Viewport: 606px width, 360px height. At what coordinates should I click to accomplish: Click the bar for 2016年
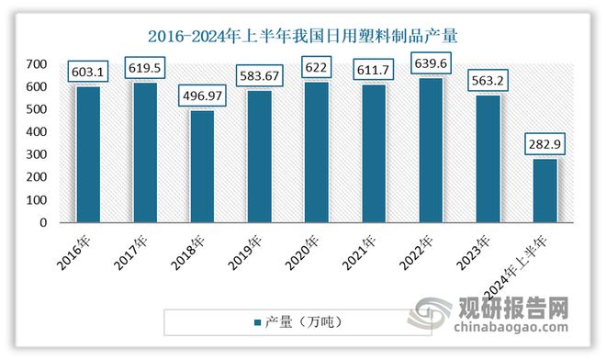coord(87,153)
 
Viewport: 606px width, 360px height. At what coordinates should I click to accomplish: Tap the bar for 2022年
coord(431,150)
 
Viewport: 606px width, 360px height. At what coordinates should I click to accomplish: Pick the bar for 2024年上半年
coord(544,190)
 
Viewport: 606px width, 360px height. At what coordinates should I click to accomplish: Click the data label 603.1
coord(87,70)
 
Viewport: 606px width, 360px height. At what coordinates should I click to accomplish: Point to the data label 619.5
coord(145,66)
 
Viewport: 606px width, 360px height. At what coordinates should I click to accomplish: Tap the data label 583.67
coord(259,74)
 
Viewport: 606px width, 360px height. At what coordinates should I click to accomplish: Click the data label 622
coord(317,65)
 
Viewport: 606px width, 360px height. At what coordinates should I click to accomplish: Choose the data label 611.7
coord(374,68)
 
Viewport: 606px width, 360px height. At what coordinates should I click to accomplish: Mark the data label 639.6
coord(431,62)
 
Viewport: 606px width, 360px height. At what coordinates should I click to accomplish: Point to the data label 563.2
coord(488,79)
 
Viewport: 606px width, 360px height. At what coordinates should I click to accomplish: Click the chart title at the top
coord(302,36)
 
